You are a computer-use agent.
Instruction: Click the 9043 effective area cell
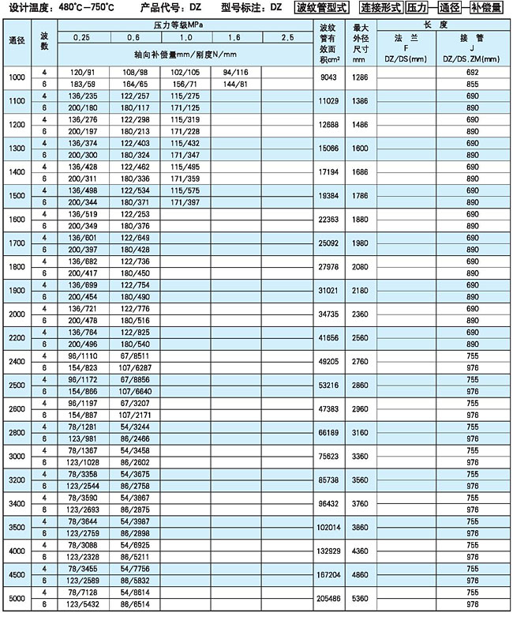click(329, 77)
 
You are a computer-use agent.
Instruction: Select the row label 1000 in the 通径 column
click(17, 77)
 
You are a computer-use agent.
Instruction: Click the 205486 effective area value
click(329, 600)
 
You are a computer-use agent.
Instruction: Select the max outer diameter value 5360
click(360, 600)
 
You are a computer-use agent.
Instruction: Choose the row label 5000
click(17, 600)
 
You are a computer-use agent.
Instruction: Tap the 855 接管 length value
click(473, 83)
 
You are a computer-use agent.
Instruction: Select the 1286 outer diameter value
click(360, 77)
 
